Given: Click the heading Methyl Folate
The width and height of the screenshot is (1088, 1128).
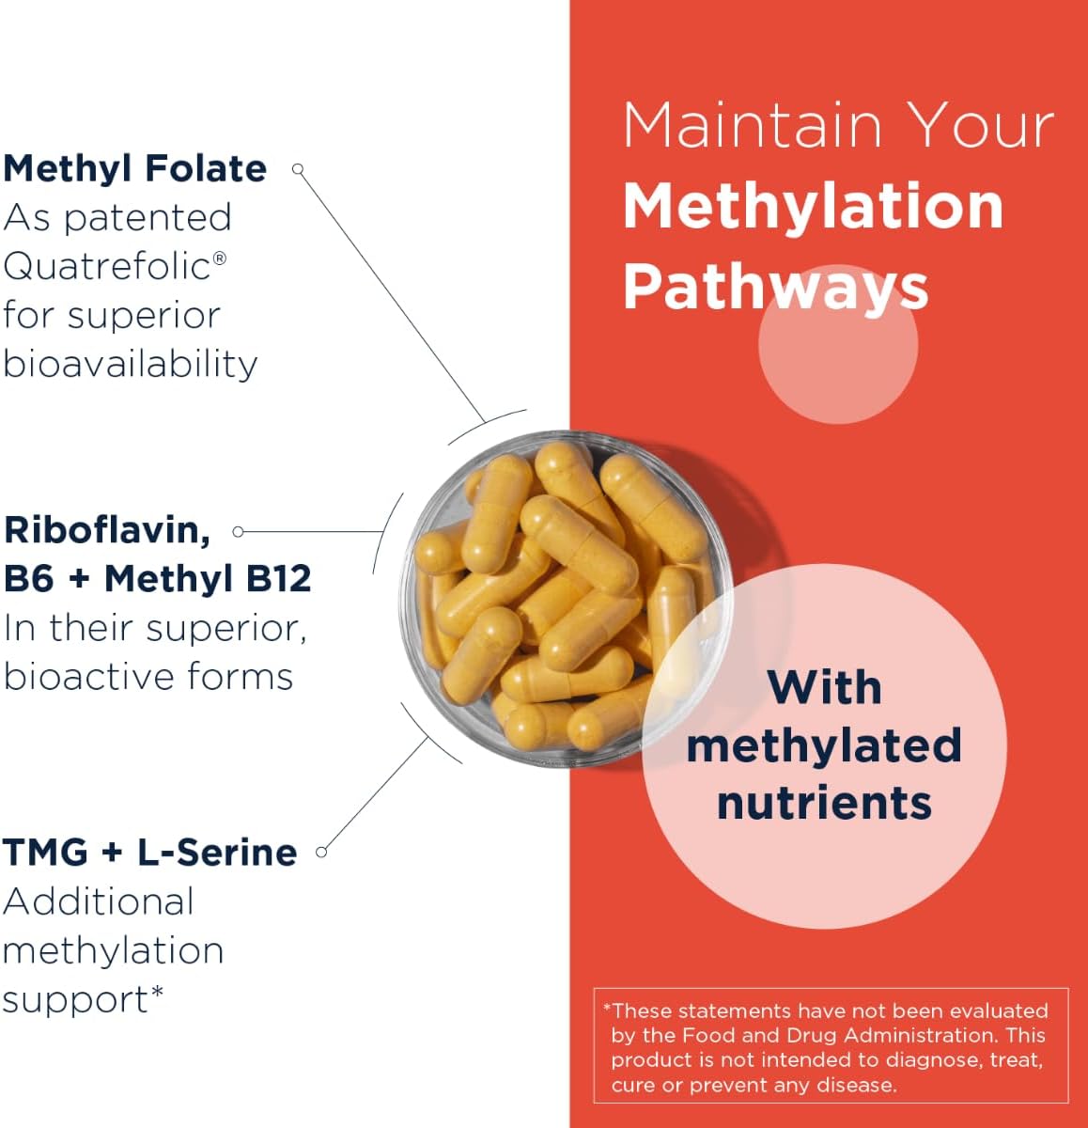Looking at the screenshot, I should click(x=134, y=169).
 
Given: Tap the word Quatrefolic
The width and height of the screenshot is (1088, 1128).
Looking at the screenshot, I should click(x=107, y=266).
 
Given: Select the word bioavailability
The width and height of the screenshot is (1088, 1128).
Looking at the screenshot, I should click(x=130, y=364).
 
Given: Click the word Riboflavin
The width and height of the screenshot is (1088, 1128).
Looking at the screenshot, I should click(x=106, y=530).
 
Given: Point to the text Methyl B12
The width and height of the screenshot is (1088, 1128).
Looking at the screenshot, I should click(x=208, y=578).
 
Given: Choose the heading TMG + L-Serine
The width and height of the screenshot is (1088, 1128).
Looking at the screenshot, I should click(x=149, y=852).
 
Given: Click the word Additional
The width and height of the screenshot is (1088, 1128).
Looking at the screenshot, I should click(x=98, y=901).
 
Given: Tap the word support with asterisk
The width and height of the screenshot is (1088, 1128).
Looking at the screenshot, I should click(x=83, y=999).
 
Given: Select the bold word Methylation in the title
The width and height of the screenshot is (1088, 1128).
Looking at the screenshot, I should click(x=813, y=206).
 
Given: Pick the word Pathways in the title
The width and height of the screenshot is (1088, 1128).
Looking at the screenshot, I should click(x=775, y=287).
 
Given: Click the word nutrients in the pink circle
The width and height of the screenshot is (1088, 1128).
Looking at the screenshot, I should click(x=824, y=803).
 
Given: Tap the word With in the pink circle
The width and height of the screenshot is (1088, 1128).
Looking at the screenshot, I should click(x=824, y=687).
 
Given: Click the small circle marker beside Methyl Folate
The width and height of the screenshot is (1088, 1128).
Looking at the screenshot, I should click(x=298, y=169).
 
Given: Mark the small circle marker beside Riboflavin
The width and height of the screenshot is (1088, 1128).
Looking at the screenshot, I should click(x=238, y=531).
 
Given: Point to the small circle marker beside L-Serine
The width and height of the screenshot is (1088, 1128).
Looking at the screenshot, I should click(x=321, y=852).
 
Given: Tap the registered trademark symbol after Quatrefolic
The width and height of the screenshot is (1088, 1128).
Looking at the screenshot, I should click(x=220, y=257).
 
